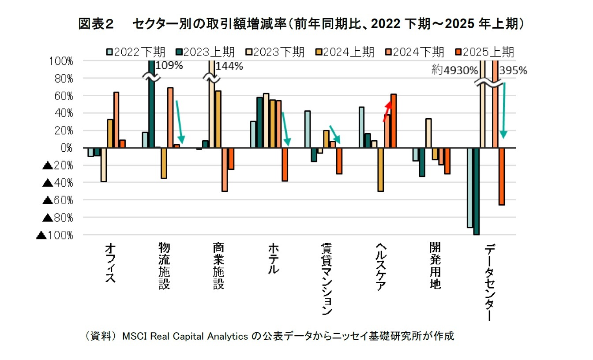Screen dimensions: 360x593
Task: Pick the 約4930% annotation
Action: click(x=454, y=71)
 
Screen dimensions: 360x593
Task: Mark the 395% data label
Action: click(x=514, y=71)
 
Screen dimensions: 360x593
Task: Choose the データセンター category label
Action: click(x=489, y=282)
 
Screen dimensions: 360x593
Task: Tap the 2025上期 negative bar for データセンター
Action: click(x=502, y=176)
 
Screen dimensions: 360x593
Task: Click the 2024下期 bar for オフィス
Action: click(x=116, y=120)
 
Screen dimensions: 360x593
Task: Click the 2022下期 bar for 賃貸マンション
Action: click(x=308, y=129)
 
